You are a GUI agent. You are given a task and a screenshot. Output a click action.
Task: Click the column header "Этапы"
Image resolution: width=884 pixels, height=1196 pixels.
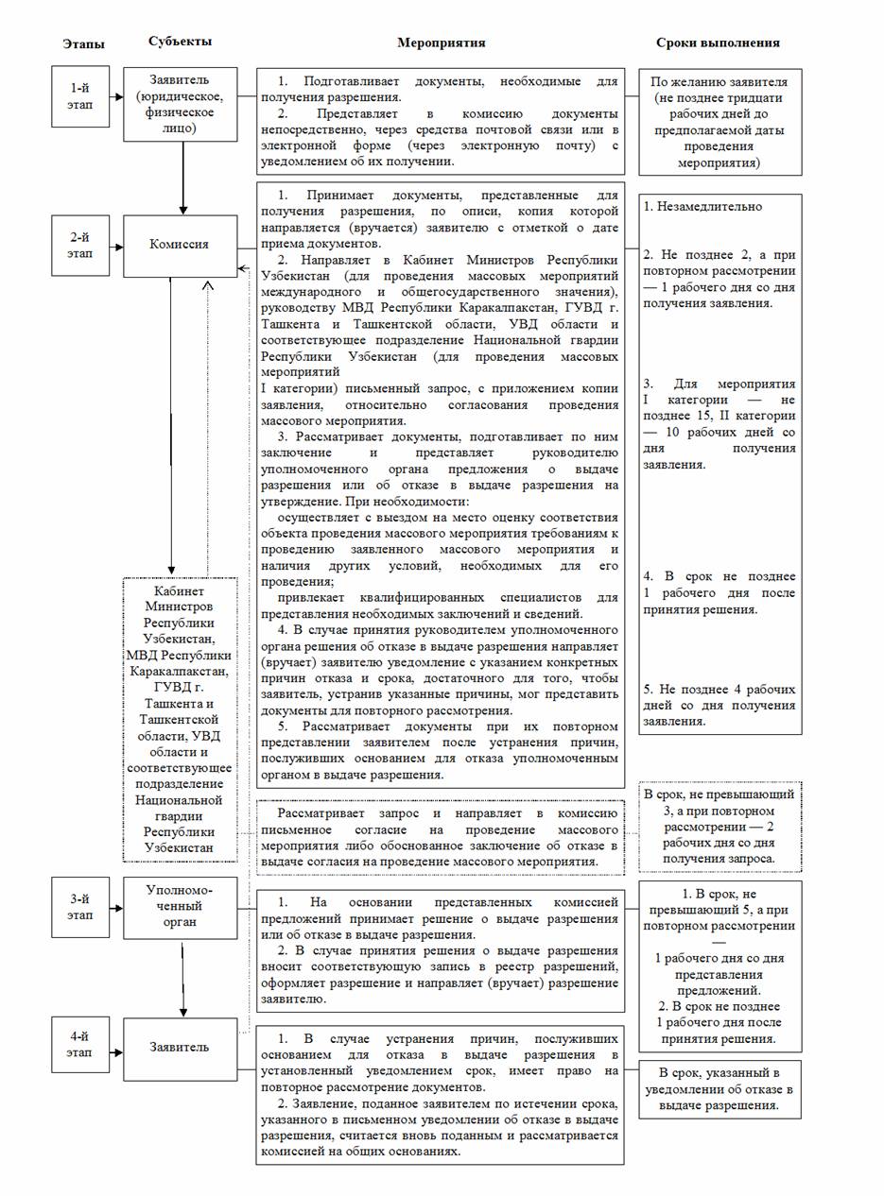tap(83, 43)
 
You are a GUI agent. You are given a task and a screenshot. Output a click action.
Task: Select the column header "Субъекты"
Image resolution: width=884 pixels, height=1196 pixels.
tap(180, 42)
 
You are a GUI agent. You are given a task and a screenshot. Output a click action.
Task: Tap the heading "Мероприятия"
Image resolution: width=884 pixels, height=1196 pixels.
tap(441, 43)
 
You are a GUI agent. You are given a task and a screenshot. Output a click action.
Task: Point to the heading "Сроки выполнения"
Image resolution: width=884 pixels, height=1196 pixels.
tap(719, 43)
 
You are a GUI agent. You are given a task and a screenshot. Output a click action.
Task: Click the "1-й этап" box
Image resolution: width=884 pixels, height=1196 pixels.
tap(81, 95)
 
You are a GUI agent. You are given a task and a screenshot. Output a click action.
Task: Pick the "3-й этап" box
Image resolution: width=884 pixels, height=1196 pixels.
tap(81, 908)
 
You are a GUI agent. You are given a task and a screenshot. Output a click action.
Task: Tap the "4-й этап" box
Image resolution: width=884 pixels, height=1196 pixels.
tap(81, 1047)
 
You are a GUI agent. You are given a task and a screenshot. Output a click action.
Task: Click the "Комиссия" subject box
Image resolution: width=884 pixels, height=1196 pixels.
tap(180, 245)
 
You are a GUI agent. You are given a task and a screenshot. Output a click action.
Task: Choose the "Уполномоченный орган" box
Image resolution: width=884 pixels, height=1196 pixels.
tap(180, 906)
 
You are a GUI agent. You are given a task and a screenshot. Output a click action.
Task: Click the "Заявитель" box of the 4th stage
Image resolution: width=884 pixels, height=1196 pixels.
tap(180, 1047)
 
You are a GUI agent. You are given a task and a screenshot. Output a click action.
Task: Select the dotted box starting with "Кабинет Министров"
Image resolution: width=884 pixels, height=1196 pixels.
tap(180, 719)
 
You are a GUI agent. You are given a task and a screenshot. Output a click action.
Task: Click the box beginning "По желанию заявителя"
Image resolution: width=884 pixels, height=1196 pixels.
tap(719, 121)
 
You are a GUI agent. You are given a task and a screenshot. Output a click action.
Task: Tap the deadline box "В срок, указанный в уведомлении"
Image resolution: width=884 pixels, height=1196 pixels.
tap(719, 1089)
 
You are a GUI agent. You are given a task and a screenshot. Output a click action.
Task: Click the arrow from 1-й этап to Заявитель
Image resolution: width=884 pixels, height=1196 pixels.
tap(116, 95)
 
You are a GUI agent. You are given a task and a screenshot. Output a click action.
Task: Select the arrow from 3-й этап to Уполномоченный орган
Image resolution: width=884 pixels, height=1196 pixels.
tap(116, 908)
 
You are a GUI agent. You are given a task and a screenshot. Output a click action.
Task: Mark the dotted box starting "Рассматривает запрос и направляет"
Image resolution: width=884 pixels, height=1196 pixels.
tap(441, 836)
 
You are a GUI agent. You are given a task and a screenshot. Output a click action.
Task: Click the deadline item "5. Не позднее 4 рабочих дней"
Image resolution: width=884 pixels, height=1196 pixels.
tap(719, 705)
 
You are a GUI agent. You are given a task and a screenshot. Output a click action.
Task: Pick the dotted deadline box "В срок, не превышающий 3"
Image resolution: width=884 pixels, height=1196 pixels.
tap(719, 827)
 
